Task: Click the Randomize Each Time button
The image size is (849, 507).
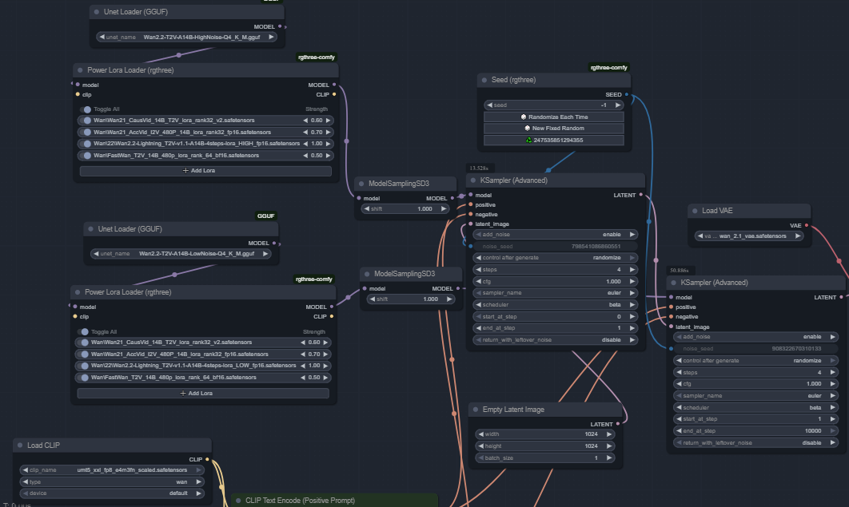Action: coord(554,117)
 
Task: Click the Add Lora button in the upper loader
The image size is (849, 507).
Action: coord(205,170)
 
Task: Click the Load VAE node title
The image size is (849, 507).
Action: coord(716,211)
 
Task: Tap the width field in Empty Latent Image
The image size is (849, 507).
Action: coord(545,434)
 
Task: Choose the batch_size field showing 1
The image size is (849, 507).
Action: coord(545,458)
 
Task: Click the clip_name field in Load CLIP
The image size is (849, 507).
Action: coord(112,469)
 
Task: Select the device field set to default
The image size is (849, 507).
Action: coord(112,493)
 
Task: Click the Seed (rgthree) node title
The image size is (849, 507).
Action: coord(513,80)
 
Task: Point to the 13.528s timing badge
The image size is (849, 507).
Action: coord(479,168)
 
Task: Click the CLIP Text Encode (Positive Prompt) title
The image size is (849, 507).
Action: coord(300,501)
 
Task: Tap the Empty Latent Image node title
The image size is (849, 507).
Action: coord(513,410)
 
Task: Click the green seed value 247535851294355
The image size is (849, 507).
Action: coord(554,140)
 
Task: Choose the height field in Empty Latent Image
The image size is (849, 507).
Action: coord(545,446)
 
